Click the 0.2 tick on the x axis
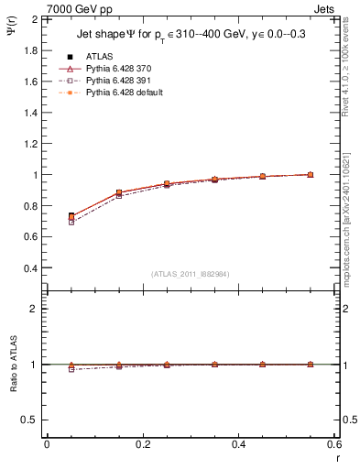143,444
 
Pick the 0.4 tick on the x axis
239,444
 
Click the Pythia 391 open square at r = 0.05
71,222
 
